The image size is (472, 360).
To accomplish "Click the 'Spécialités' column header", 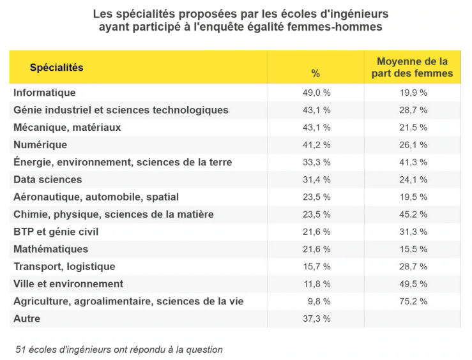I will (x=56, y=68).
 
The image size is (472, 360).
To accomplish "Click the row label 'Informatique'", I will (x=45, y=93).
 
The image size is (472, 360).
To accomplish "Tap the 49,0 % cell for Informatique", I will (x=316, y=93).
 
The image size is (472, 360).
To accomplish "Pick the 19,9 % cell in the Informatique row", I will (x=413, y=93).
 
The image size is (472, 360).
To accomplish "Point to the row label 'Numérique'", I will (x=40, y=145).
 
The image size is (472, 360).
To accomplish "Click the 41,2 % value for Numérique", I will (x=316, y=145).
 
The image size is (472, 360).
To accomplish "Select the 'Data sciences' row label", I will (x=48, y=179).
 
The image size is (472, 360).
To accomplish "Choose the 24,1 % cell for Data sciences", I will (x=413, y=179).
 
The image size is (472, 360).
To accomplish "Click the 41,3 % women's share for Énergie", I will (x=413, y=162).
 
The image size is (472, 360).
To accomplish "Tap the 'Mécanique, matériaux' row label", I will (x=67, y=128).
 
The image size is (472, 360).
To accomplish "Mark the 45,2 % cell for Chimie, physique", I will (x=413, y=214).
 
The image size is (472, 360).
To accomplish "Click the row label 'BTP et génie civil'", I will (x=56, y=231).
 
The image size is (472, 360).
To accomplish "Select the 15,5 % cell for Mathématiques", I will (x=413, y=248).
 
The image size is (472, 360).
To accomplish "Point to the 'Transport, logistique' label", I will (x=65, y=266).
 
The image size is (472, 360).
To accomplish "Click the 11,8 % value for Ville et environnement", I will (x=316, y=283).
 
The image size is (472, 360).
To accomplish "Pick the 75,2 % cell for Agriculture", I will (x=413, y=301).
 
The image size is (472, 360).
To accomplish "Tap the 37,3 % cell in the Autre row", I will (x=316, y=318).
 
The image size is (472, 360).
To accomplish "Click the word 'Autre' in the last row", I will (x=27, y=318).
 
